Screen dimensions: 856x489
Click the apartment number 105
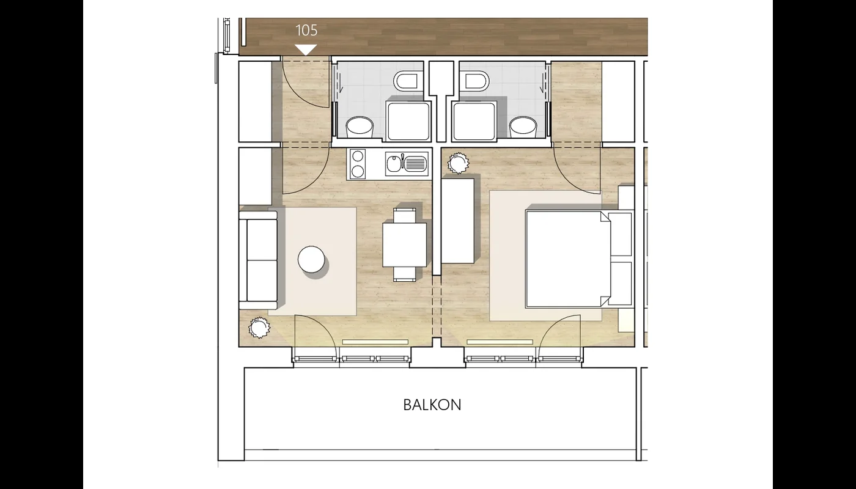306,30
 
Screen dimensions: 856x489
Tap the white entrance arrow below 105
306,50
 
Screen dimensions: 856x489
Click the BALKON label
432,405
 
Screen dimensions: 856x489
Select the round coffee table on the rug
311,259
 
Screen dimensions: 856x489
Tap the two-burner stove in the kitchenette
358,164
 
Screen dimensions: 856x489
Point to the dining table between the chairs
405,245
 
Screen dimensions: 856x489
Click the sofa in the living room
258,259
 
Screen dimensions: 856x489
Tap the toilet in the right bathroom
476,81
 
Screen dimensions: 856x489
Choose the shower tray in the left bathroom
408,121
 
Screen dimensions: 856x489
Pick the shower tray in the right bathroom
474,121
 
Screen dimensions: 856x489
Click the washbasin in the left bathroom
360,127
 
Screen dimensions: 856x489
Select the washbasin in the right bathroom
523,127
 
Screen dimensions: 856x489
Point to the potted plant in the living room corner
259,328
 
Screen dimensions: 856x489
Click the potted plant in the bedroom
458,163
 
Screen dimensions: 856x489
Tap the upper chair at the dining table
405,215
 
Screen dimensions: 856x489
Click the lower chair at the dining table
405,274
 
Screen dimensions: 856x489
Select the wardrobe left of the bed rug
458,221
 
